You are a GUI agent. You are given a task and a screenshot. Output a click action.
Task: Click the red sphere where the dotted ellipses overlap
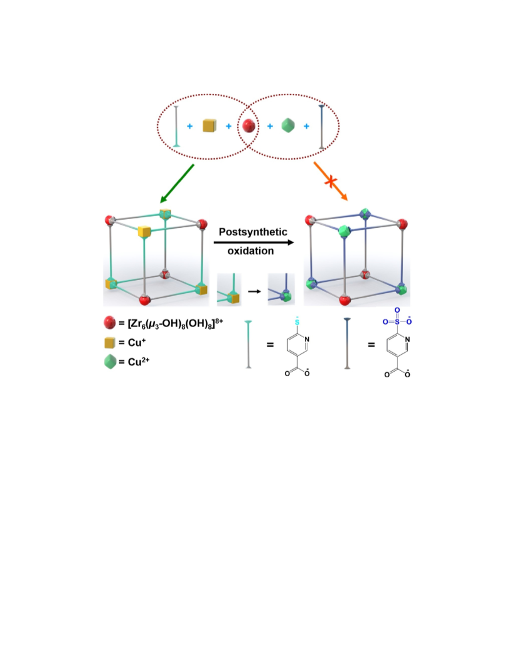(x=248, y=126)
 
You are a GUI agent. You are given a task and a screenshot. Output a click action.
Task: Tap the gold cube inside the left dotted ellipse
(x=209, y=126)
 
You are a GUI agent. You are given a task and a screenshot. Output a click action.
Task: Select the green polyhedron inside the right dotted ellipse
(x=287, y=126)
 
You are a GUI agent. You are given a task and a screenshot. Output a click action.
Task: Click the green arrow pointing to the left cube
(x=176, y=184)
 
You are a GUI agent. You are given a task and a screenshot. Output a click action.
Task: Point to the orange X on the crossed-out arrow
(x=331, y=182)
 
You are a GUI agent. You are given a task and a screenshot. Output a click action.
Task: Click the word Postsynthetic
(x=253, y=232)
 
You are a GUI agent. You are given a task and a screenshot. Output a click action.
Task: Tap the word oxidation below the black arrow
(x=250, y=251)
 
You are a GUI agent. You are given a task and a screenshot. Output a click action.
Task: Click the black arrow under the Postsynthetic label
(x=253, y=242)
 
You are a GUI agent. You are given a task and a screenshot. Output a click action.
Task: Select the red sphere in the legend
(x=109, y=323)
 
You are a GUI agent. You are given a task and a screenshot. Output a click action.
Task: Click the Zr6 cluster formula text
(x=175, y=323)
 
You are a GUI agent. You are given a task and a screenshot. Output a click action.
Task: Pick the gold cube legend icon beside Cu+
(x=109, y=343)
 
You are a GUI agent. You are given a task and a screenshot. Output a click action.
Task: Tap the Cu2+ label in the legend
(x=139, y=362)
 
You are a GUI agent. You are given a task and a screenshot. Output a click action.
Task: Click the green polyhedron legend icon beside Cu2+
(x=110, y=362)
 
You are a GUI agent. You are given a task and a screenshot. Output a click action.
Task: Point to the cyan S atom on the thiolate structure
(x=297, y=322)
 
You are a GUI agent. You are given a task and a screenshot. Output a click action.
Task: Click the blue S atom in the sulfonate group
(x=397, y=322)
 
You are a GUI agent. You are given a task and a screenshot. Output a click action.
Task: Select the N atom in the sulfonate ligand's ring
(x=407, y=340)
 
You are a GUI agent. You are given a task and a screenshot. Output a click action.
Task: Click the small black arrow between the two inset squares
(x=254, y=291)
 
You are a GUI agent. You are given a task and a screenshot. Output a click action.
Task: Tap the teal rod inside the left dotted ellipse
(x=176, y=126)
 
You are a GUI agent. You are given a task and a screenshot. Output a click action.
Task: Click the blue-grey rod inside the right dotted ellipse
(x=321, y=127)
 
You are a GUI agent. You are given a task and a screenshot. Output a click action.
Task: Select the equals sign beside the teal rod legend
(x=270, y=345)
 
